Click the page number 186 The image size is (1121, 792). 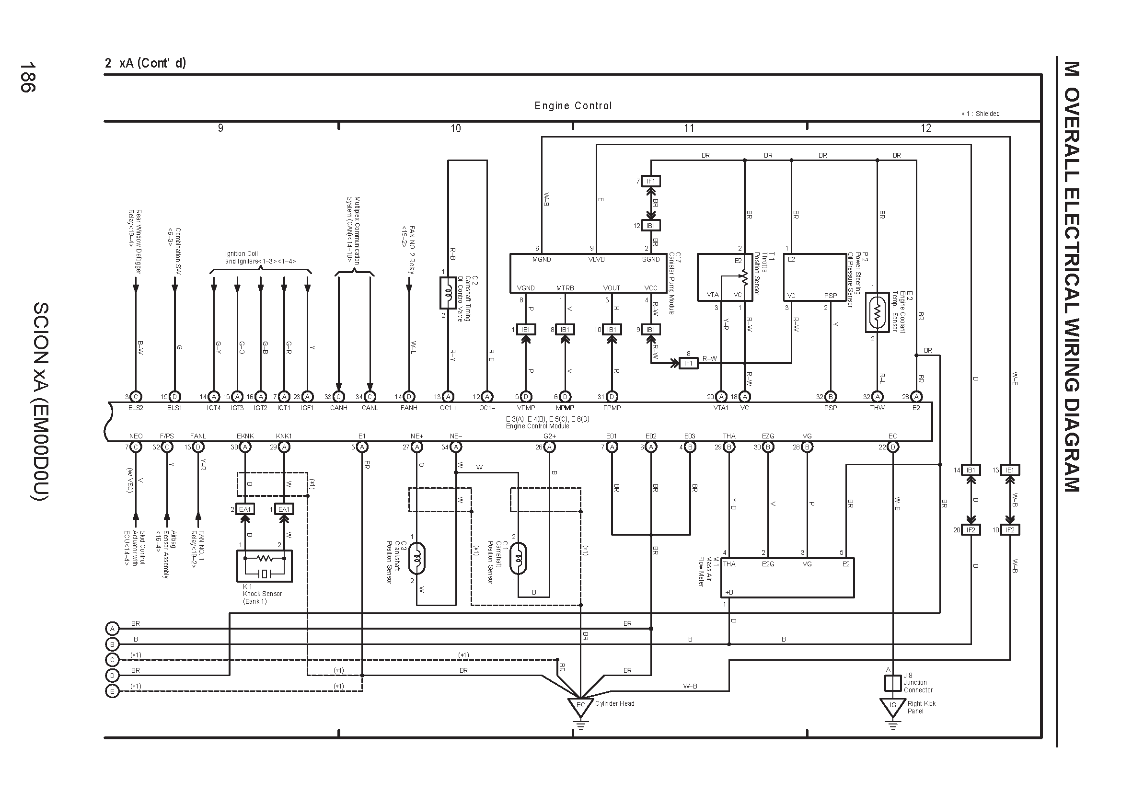(x=27, y=77)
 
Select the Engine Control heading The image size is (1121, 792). (x=573, y=106)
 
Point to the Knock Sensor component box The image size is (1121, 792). (x=264, y=566)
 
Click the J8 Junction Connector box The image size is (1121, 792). (x=892, y=683)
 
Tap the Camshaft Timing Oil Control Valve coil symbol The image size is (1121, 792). (x=448, y=293)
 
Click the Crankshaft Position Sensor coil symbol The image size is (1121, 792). (x=416, y=558)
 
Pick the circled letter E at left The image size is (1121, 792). (x=112, y=691)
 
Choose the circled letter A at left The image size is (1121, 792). (x=112, y=629)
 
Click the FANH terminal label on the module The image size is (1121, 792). (x=409, y=408)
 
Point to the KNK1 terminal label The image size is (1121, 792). (x=284, y=436)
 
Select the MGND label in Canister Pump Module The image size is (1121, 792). (x=542, y=260)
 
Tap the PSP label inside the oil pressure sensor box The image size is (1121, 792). (x=831, y=296)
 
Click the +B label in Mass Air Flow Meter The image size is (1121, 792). (x=729, y=592)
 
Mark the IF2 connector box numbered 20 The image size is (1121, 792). (x=971, y=530)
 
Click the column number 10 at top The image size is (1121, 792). (x=455, y=128)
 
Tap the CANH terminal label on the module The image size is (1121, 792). (x=338, y=408)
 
